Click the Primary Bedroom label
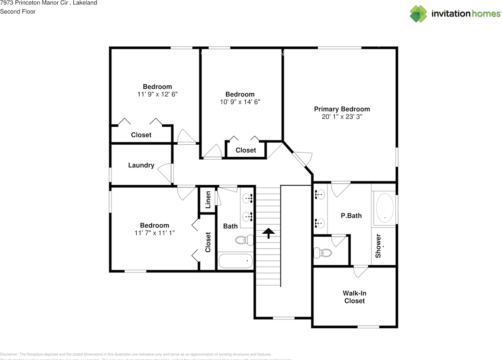click(x=342, y=109)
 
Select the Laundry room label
click(x=141, y=165)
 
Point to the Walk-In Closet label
click(x=355, y=297)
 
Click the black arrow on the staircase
click(x=269, y=234)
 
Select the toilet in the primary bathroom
click(x=322, y=253)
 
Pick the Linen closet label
click(x=208, y=200)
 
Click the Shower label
click(x=378, y=246)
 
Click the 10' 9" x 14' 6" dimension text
click(x=240, y=102)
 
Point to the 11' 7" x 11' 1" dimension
click(x=155, y=233)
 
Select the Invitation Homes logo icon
click(x=418, y=14)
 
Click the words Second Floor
click(x=18, y=11)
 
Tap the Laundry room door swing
click(x=166, y=173)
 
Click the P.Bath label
click(x=351, y=215)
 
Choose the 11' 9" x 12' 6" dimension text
click(x=157, y=94)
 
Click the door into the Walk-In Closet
click(x=360, y=271)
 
